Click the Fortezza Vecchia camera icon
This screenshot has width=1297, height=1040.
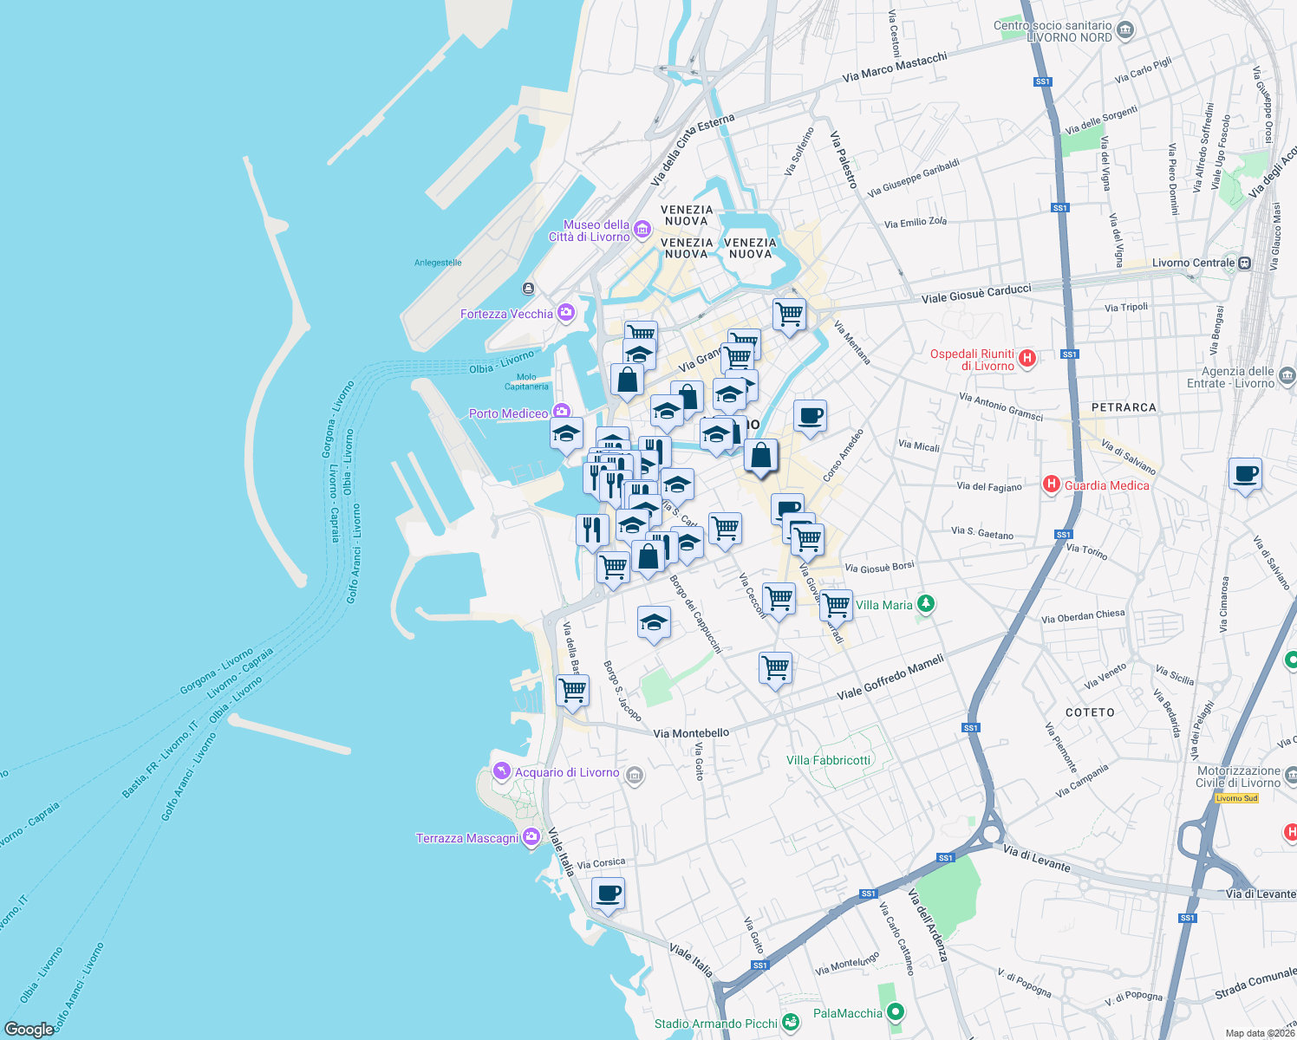[x=566, y=313]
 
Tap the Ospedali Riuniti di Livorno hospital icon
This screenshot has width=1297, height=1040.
[x=1027, y=358]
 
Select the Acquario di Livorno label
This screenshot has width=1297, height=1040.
[x=567, y=772]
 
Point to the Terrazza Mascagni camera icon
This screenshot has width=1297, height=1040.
[x=531, y=838]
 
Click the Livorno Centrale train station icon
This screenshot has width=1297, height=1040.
[x=1245, y=263]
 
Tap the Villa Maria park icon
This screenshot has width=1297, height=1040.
[x=926, y=604]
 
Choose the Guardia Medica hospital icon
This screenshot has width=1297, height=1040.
[x=1052, y=484]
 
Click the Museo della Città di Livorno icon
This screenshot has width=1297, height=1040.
[x=642, y=229]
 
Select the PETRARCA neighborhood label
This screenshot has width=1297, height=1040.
[x=1124, y=407]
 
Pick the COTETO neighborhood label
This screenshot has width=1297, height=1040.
[x=1090, y=712]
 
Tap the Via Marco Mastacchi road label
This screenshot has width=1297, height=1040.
[x=895, y=68]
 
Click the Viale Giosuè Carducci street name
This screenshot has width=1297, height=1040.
[x=976, y=294]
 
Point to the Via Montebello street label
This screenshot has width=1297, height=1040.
[x=691, y=733]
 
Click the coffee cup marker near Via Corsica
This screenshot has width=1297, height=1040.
[x=608, y=894]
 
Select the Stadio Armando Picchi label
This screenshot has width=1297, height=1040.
[x=716, y=1024]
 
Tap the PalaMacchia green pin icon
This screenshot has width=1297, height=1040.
[x=896, y=1012]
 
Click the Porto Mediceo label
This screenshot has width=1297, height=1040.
[x=509, y=413]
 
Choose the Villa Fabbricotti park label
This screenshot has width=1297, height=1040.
[x=828, y=760]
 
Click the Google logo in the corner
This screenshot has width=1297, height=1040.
[x=29, y=1030]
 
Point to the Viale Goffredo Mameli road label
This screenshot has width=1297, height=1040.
[x=890, y=678]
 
